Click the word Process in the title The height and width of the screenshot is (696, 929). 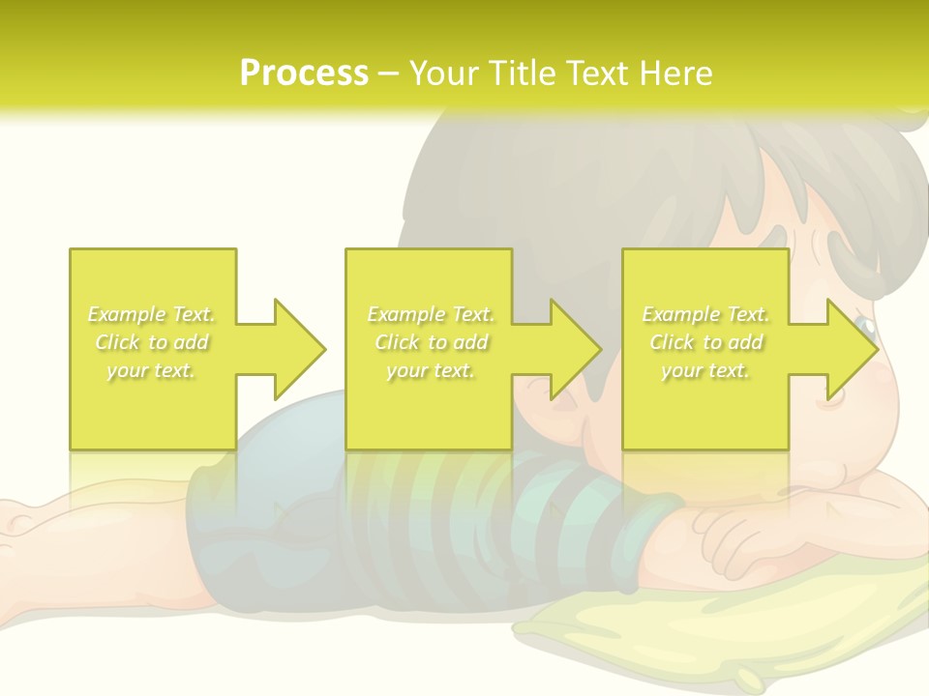tap(304, 73)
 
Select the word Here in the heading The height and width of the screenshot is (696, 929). tap(674, 73)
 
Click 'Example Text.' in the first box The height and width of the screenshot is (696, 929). tap(152, 314)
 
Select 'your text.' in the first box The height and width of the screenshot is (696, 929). tap(152, 370)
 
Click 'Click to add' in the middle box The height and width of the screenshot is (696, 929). tap(431, 342)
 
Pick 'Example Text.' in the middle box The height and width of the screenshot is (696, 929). tap(431, 314)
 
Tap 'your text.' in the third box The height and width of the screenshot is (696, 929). tap(705, 370)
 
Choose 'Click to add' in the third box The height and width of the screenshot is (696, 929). tap(705, 342)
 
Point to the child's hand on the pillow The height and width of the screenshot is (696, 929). tap(745, 541)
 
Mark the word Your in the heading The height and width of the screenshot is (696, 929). tap(442, 73)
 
